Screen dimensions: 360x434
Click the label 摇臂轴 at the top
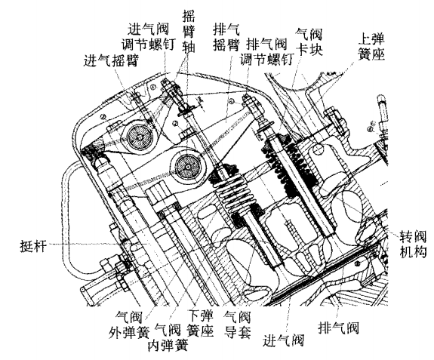189,32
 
